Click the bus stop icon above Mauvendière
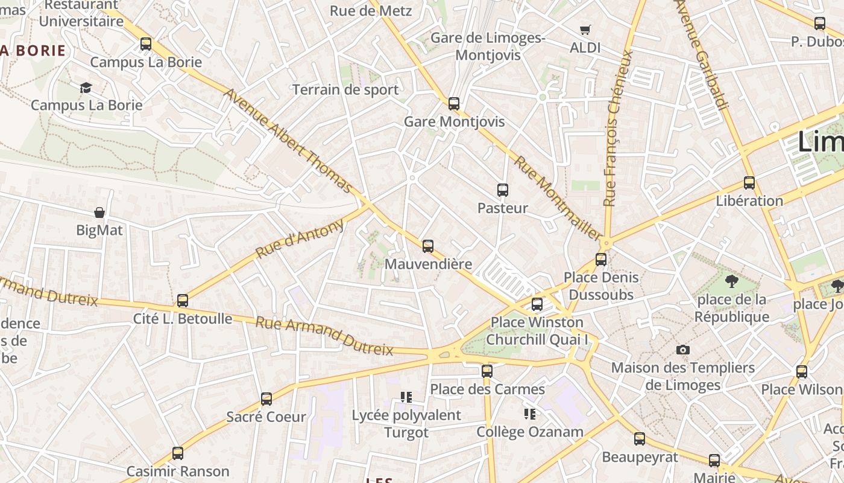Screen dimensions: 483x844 (x=428, y=246)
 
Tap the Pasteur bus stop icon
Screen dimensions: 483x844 (x=502, y=190)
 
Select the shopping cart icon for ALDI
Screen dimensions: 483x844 (x=585, y=30)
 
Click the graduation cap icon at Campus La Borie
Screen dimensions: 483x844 (x=86, y=88)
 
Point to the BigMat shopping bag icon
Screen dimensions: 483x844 (x=99, y=213)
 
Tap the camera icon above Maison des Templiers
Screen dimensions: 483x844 (x=682, y=350)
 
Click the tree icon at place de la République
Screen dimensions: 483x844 (x=732, y=281)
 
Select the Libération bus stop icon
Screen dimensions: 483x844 (x=749, y=182)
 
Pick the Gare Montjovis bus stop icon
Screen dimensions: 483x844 (x=454, y=104)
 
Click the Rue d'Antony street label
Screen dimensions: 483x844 (x=300, y=238)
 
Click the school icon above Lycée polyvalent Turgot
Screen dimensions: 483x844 (x=406, y=397)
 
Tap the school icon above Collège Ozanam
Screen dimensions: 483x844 (x=530, y=414)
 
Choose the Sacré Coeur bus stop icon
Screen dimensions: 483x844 (x=266, y=398)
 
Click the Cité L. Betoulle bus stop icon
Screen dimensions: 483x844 (x=183, y=300)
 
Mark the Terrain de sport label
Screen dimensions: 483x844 (x=345, y=90)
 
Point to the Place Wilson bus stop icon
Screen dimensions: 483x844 (x=802, y=371)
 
